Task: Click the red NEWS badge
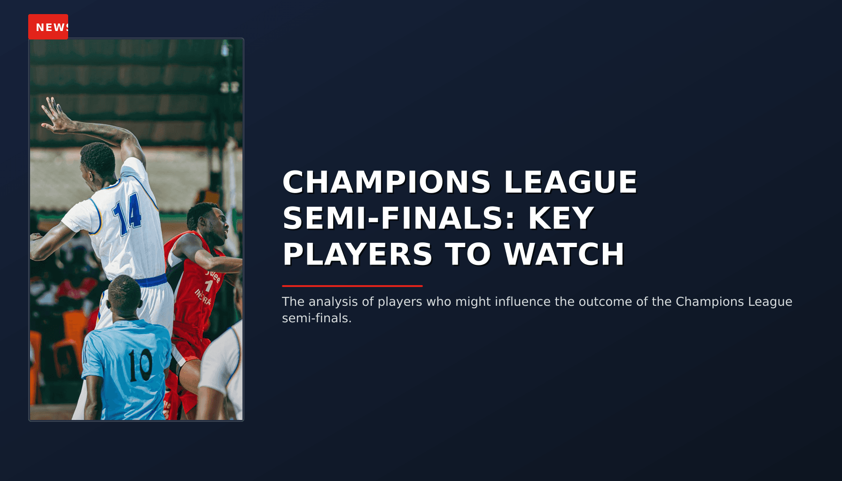[48, 27]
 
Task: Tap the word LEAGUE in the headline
[570, 182]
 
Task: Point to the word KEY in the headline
[561, 218]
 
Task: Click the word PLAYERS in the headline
[357, 255]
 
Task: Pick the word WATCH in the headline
[564, 255]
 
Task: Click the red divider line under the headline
[352, 286]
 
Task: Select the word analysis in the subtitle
[333, 302]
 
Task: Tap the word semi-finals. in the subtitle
[317, 318]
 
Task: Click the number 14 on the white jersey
[127, 214]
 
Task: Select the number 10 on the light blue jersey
[140, 365]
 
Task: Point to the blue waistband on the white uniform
[150, 281]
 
